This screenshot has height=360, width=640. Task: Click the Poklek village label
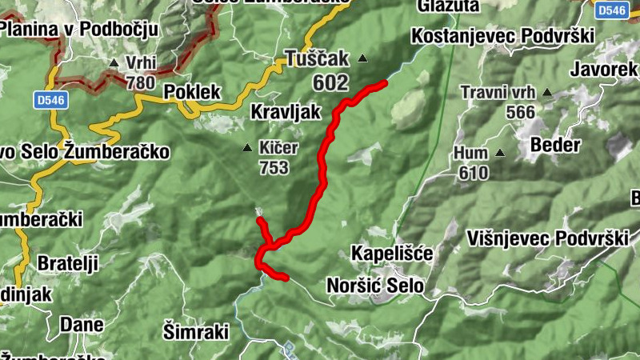click(191, 92)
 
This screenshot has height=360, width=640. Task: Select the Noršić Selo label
click(375, 286)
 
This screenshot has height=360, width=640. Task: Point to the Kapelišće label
click(392, 254)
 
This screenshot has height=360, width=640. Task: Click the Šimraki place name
click(196, 331)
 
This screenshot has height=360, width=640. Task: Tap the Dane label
click(82, 324)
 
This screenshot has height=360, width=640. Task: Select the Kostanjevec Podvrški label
click(502, 37)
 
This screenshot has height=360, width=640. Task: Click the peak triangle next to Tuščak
click(363, 58)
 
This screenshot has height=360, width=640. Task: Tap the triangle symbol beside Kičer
click(247, 147)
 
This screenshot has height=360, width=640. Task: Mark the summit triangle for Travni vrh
click(547, 93)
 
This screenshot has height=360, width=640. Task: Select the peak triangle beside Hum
click(501, 152)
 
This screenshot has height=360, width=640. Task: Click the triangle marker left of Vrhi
click(114, 62)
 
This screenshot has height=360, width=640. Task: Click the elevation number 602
click(331, 82)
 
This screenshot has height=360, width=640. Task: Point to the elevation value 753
click(274, 167)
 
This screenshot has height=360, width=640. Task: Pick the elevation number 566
click(520, 112)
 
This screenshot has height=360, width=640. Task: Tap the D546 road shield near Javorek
click(613, 10)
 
